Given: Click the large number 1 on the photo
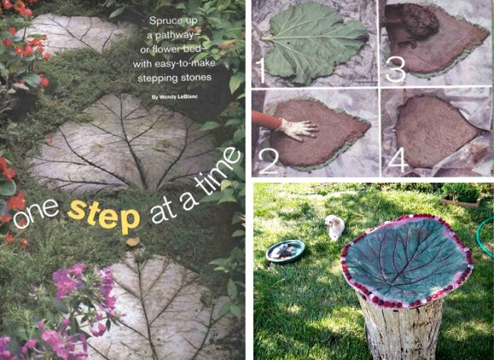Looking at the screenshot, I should click(x=261, y=70).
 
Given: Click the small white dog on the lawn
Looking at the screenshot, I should click(x=333, y=226).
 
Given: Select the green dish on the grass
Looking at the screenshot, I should click(x=286, y=251).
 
